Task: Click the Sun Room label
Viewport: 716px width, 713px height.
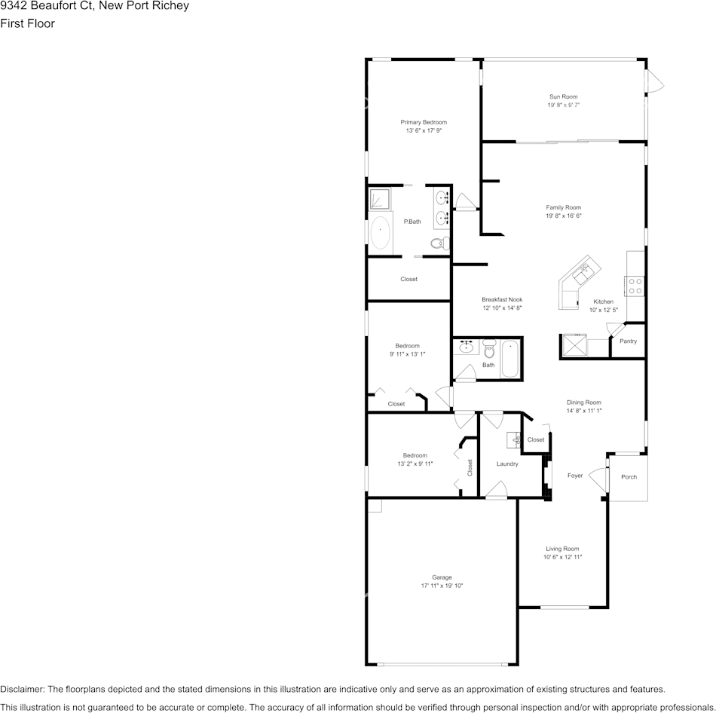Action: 563,96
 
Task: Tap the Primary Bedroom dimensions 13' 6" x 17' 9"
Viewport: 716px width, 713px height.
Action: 423,130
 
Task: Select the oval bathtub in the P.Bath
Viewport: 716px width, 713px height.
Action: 380,234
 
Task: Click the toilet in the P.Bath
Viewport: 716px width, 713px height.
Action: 439,243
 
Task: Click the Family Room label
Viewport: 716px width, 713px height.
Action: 563,207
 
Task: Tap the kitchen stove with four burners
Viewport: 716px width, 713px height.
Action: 635,286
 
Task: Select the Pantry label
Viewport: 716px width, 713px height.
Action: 628,341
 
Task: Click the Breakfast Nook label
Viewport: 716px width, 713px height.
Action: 502,299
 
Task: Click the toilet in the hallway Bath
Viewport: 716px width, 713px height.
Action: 488,350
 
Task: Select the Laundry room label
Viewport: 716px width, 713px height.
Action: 507,464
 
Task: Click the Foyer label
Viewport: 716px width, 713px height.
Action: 575,476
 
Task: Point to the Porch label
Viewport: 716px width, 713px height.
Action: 629,477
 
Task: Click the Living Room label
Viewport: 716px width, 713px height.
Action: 562,549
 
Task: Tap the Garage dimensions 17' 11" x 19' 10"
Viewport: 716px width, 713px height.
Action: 442,586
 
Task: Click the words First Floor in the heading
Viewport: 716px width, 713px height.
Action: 27,23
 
